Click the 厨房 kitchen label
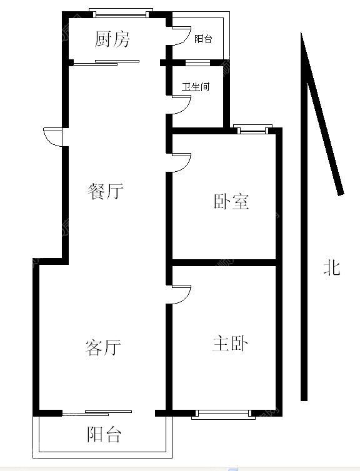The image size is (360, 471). (x=112, y=39)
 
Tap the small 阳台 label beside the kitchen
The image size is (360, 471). (x=203, y=39)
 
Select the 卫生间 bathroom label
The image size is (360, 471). (x=196, y=87)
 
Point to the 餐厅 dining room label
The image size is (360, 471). (x=106, y=191)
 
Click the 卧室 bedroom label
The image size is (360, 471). (x=231, y=201)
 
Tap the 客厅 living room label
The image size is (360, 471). (x=103, y=347)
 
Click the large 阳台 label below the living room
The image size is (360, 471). (x=104, y=434)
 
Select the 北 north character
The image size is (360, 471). (x=332, y=267)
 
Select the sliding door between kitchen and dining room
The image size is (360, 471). (x=107, y=62)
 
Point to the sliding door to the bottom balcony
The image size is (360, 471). (x=97, y=413)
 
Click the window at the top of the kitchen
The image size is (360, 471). (x=121, y=13)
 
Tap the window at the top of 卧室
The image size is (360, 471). (x=252, y=129)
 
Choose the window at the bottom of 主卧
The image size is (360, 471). (x=223, y=415)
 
